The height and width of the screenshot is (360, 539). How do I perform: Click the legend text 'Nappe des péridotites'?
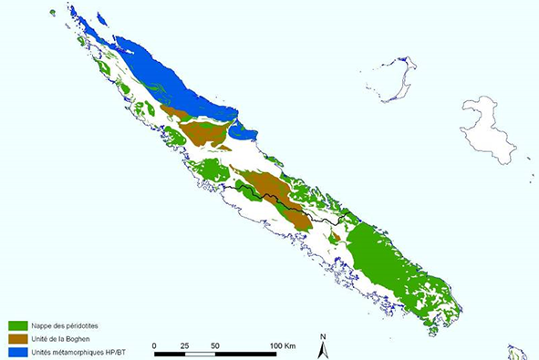[66, 325]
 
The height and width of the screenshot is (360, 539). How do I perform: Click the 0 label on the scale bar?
[156, 346]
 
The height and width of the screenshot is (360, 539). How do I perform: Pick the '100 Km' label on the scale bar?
[285, 346]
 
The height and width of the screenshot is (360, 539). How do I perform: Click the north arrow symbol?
[323, 348]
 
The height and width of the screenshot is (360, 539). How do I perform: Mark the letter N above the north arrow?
[323, 336]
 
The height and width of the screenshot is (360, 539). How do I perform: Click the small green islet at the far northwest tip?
[53, 13]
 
